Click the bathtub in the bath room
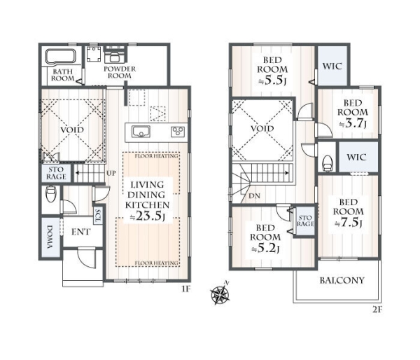(x=60, y=57)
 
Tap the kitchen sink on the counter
(x=141, y=132)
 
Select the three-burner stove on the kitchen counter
(x=178, y=132)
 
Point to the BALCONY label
(x=342, y=280)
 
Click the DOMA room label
(x=50, y=237)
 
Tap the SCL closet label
(x=97, y=216)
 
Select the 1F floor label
(x=186, y=289)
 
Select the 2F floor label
(x=377, y=310)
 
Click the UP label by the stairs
(x=111, y=173)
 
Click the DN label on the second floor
(x=254, y=195)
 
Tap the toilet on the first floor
(x=51, y=193)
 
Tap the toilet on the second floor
(x=328, y=163)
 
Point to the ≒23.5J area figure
(x=147, y=216)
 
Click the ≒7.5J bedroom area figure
(x=349, y=223)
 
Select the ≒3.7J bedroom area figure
(x=353, y=123)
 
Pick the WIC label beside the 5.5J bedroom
(x=332, y=67)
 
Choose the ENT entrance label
(x=81, y=232)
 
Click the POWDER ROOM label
(x=120, y=72)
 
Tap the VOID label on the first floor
(x=72, y=130)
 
